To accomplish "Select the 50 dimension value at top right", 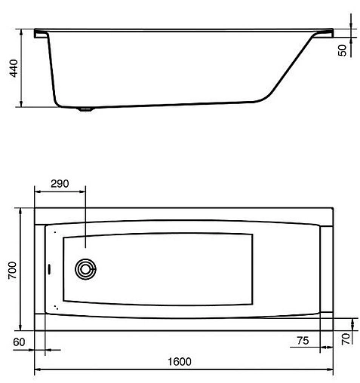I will point(342,50).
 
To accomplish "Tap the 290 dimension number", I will point(60,184).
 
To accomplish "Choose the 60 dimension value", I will point(19,342).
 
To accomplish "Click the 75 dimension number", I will point(301,341).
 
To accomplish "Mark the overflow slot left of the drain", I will point(51,268).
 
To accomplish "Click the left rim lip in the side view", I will point(40,33).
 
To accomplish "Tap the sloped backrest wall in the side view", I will point(294,68).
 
